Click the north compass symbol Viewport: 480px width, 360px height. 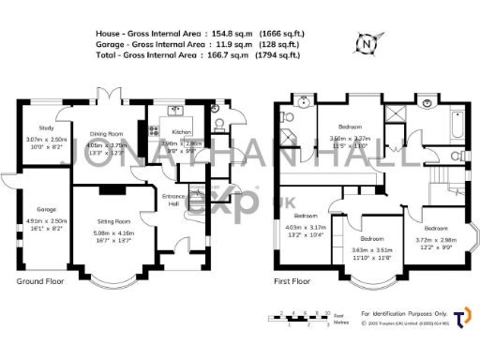[367, 41]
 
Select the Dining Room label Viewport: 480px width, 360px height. [107, 133]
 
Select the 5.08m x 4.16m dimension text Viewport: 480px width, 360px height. [112, 233]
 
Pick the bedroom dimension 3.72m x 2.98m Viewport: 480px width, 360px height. [435, 239]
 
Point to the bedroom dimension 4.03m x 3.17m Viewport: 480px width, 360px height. [305, 227]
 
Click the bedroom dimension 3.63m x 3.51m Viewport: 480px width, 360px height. [372, 250]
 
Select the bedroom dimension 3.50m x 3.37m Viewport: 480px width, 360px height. [350, 139]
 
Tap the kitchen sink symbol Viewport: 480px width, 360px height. [175, 111]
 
